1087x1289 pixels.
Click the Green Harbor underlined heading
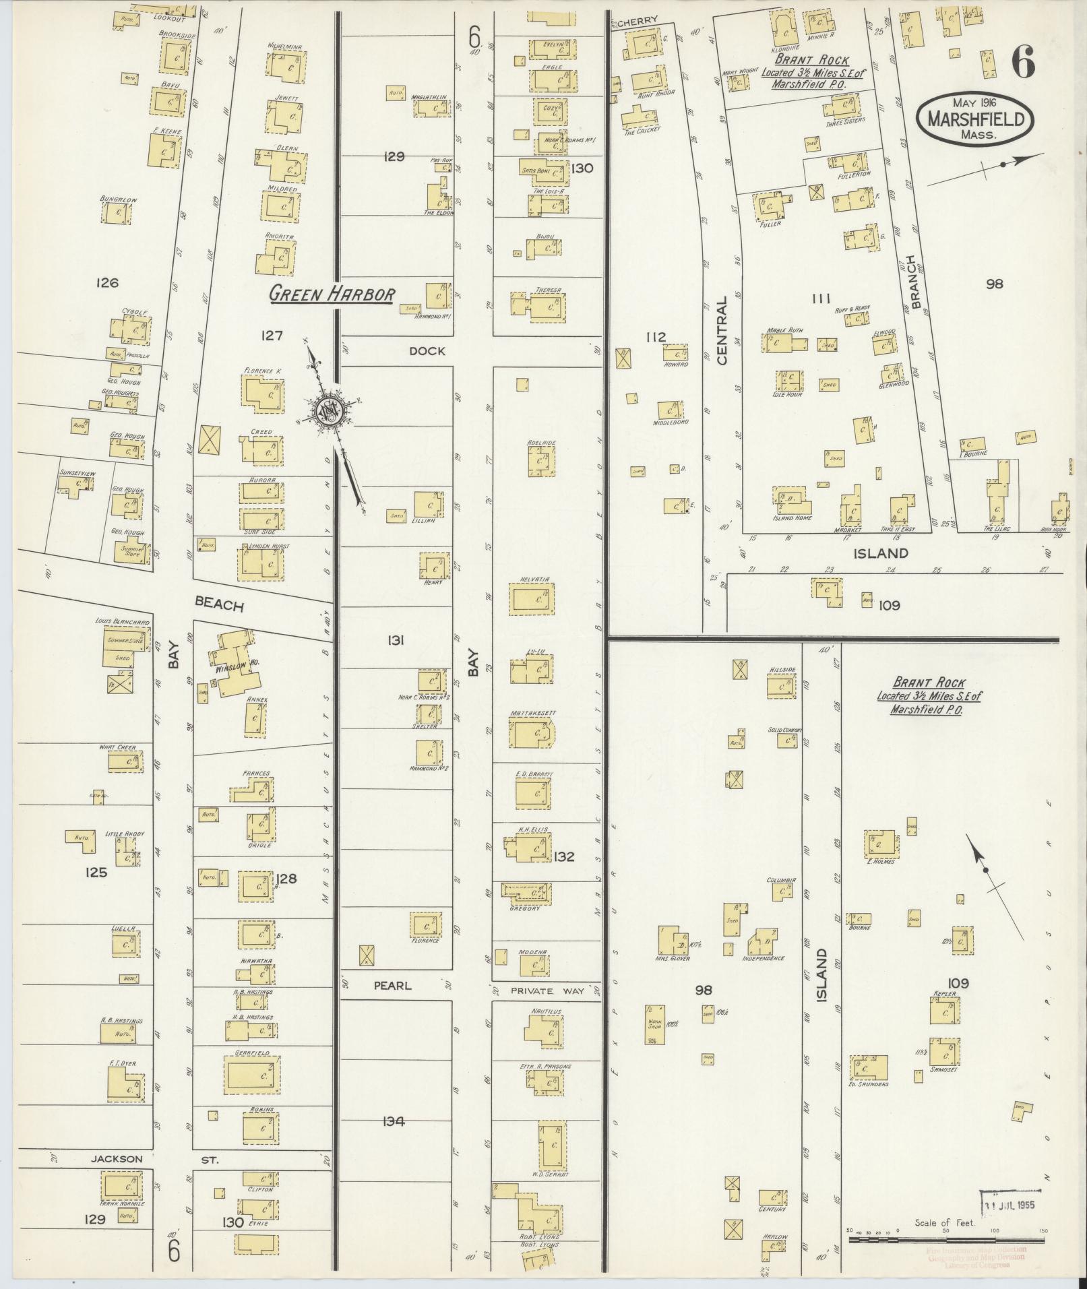point(332,294)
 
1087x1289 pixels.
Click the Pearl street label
point(392,985)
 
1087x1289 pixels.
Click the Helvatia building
point(533,600)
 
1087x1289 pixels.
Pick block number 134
point(393,1122)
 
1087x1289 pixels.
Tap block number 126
point(107,282)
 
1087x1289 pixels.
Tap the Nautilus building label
point(546,1011)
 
